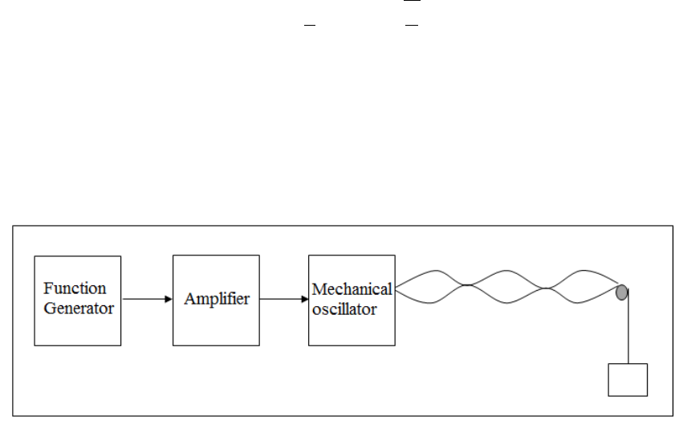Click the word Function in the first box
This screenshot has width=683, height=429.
tap(75, 288)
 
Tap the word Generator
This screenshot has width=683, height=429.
tap(79, 308)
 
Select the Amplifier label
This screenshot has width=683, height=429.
tap(217, 299)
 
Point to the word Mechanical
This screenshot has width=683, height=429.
tap(352, 289)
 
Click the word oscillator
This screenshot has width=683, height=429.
tap(344, 309)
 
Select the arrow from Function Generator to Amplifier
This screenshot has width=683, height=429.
tap(147, 300)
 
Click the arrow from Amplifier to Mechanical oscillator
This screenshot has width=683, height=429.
tap(284, 300)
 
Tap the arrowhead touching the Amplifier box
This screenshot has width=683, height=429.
tap(169, 300)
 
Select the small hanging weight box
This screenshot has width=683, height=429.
tap(628, 379)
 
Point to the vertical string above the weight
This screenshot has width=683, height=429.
tap(628, 329)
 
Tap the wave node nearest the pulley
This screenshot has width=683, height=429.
tap(546, 288)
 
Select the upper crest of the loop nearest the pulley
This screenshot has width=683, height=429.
tap(583, 272)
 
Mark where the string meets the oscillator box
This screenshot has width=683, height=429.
tap(396, 286)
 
